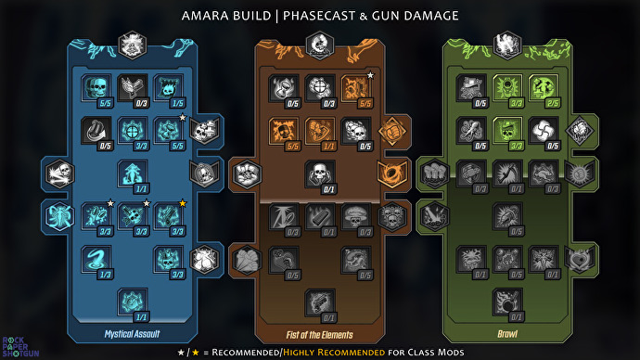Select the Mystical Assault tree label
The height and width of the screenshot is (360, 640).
pos(132,333)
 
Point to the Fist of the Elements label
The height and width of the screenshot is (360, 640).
pos(319,333)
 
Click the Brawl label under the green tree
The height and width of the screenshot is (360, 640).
pos(506,333)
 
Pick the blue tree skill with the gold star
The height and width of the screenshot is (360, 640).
pos(167,215)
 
